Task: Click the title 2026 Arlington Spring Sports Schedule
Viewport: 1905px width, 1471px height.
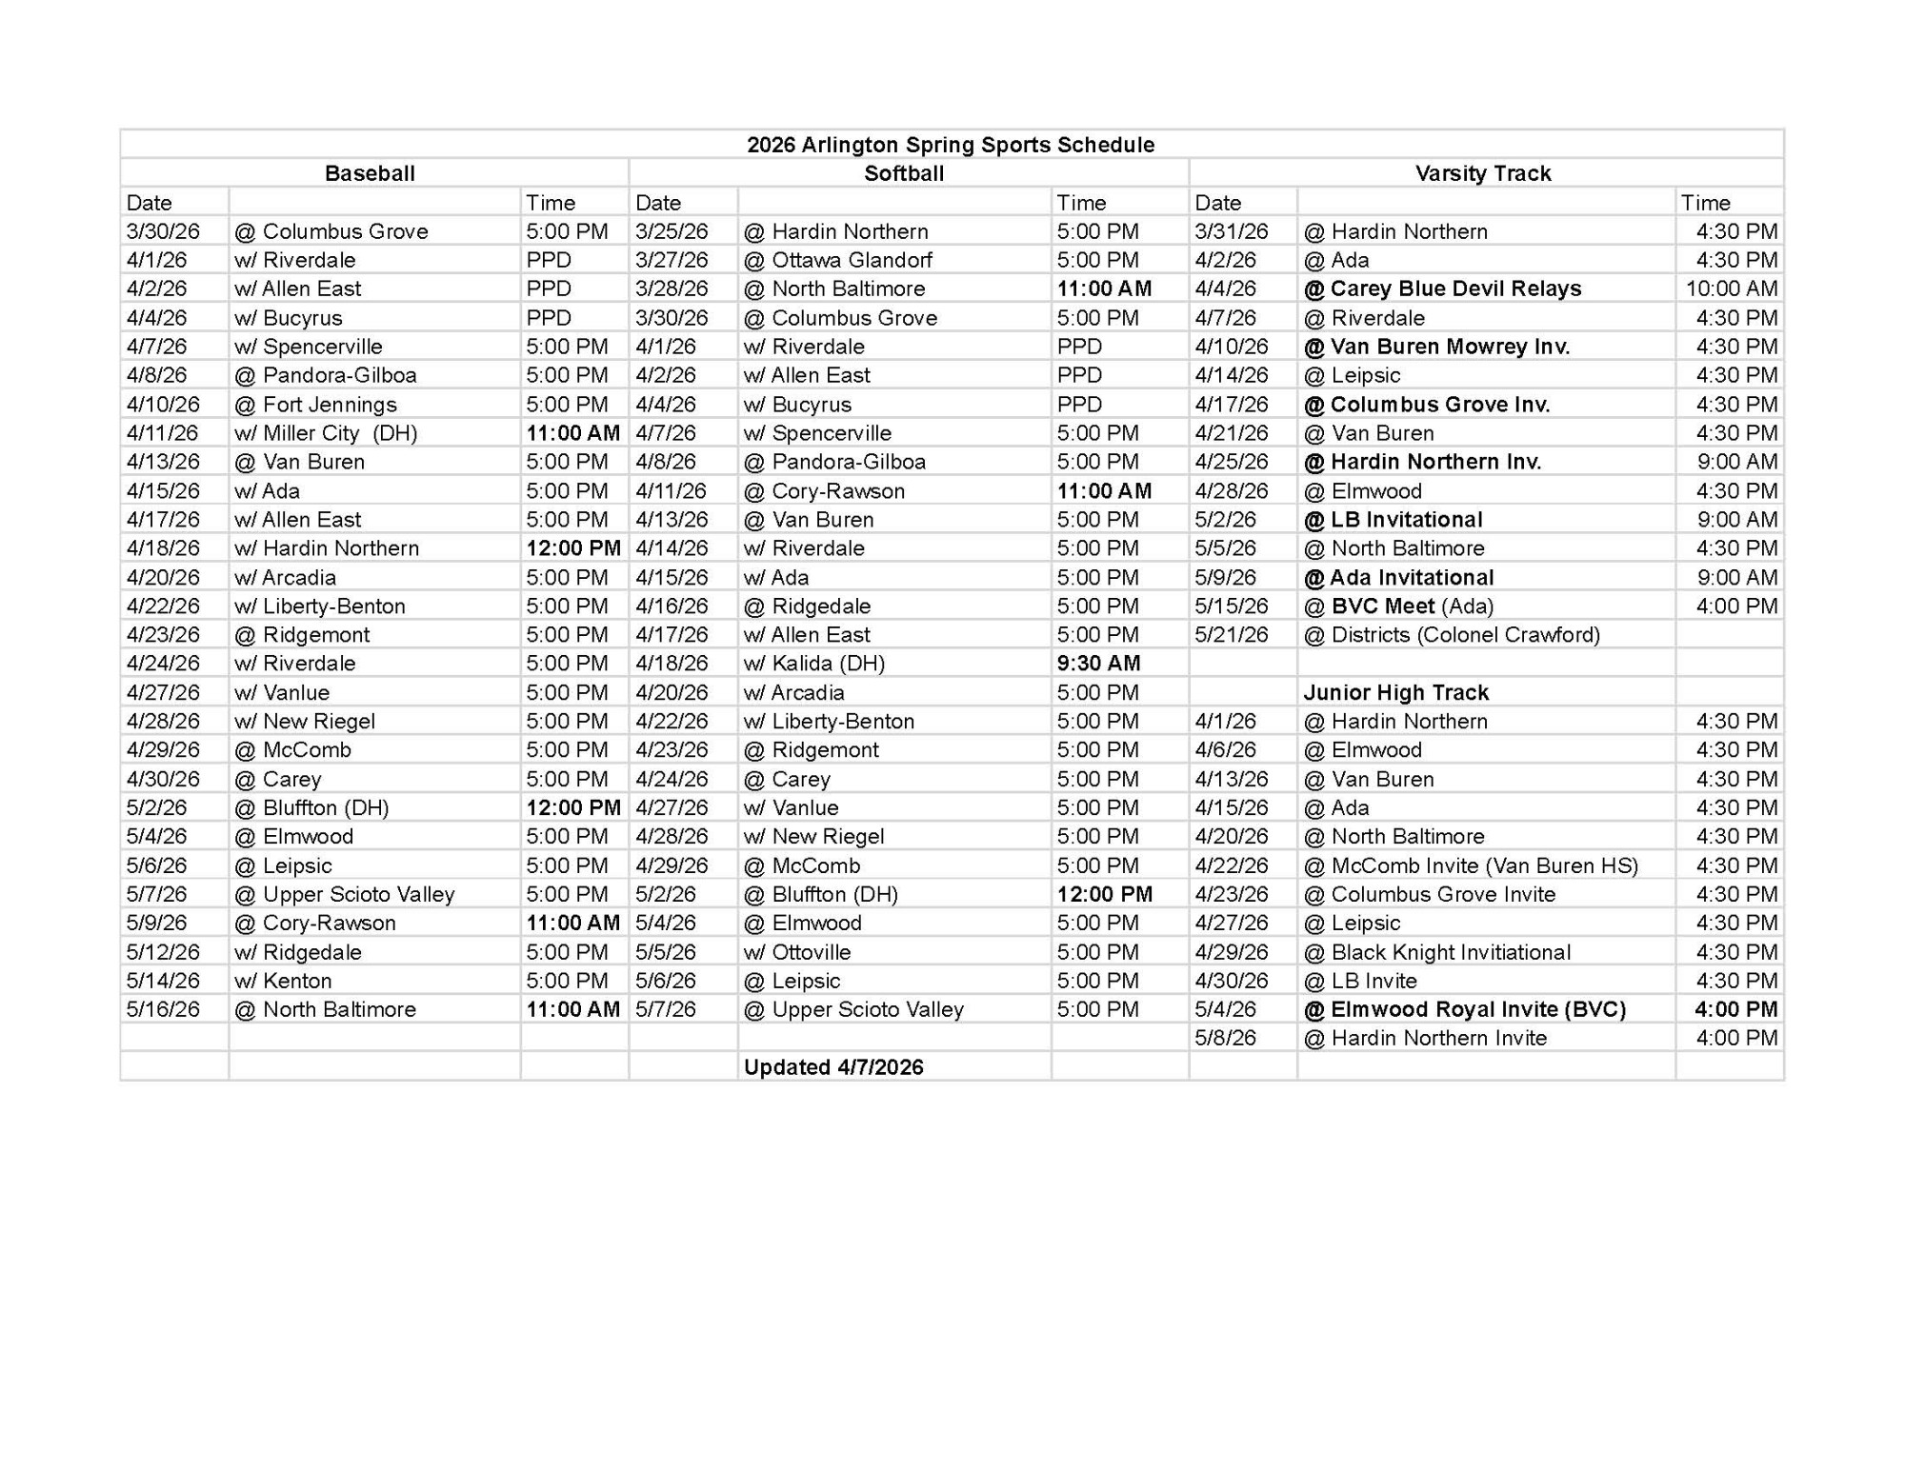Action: coord(950,145)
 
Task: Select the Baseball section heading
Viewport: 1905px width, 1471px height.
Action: coord(370,173)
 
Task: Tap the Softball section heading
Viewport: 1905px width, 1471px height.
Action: coord(904,173)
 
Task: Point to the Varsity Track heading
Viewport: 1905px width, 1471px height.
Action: coord(1482,173)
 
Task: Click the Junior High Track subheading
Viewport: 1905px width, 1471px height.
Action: coord(1395,692)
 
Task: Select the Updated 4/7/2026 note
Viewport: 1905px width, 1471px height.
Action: coord(833,1067)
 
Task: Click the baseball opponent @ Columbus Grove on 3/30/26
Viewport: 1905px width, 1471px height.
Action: coord(331,231)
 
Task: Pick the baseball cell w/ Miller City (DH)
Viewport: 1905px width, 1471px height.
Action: coord(326,433)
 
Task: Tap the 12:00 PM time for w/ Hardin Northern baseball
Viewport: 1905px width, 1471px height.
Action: coord(573,548)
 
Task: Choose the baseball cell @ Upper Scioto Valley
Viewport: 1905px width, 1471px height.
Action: coord(345,894)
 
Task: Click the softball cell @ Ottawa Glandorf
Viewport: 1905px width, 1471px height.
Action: coord(837,260)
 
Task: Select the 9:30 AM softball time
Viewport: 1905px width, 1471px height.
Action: coord(1098,664)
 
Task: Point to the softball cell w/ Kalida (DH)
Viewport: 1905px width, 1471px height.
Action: coord(814,664)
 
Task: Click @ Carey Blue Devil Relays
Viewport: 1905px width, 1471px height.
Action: coord(1442,288)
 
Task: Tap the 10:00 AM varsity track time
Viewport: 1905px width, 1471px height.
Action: coord(1731,288)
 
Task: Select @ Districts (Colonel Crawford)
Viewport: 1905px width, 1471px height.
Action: coord(1452,635)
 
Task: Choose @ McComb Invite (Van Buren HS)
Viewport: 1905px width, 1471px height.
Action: coord(1471,865)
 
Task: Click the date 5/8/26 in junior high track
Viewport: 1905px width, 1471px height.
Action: coord(1225,1038)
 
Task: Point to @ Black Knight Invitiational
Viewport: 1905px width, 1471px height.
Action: coord(1436,952)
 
